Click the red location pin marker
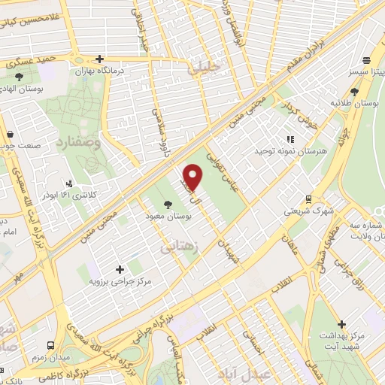[x=193, y=176]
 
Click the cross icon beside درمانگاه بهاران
[x=100, y=59]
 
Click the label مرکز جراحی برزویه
[x=120, y=282]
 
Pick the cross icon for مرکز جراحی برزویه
[x=120, y=268]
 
